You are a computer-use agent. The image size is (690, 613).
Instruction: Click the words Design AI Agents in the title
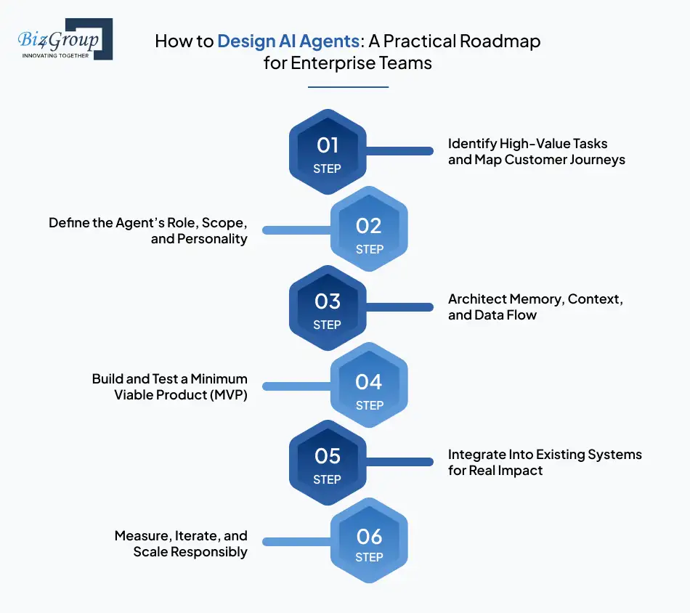289,41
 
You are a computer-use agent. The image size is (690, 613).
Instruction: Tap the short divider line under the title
348,86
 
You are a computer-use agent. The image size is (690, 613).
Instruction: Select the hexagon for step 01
328,152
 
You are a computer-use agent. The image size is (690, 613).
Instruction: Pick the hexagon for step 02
369,230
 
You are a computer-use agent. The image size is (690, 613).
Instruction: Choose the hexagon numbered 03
328,307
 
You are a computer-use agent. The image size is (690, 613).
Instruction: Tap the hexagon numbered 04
369,386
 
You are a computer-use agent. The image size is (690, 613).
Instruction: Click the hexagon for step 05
328,463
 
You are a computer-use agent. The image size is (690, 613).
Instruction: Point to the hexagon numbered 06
369,542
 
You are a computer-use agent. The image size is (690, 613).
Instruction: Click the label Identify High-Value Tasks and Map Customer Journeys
536,152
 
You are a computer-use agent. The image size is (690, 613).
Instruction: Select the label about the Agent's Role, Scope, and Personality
148,230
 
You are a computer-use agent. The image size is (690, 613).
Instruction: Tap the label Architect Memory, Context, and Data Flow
535,307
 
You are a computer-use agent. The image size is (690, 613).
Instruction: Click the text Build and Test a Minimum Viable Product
169,386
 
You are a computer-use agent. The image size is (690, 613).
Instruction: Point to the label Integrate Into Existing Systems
545,462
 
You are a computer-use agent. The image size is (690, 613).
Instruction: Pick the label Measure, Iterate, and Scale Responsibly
181,543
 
